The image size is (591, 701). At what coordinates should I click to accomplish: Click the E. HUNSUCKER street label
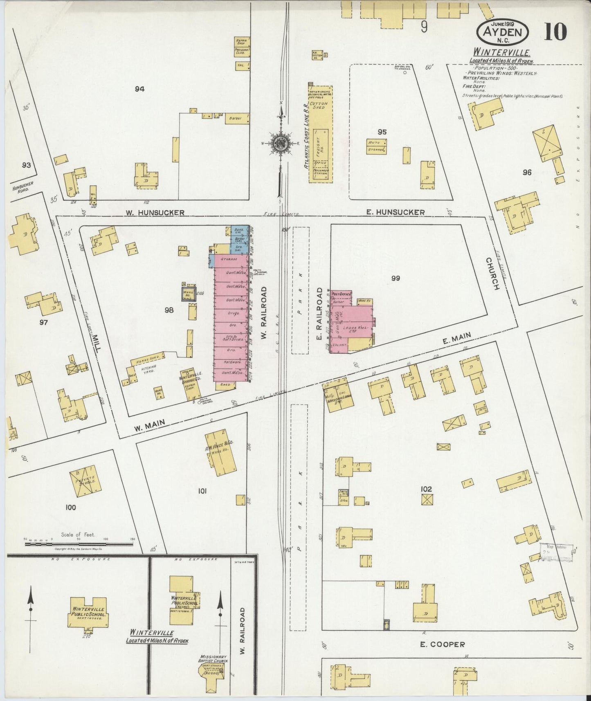click(395, 212)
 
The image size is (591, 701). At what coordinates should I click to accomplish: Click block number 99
click(395, 278)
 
